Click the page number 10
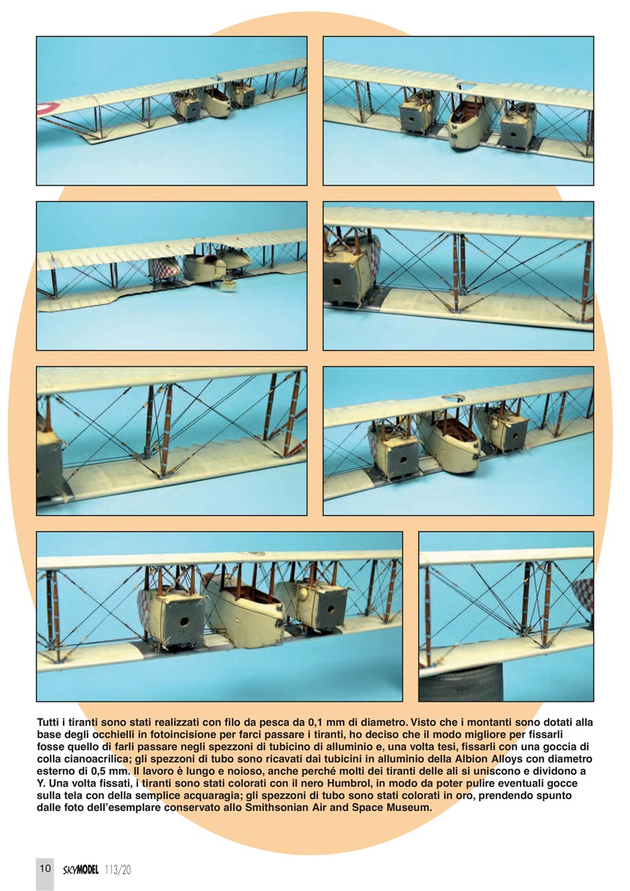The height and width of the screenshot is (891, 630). pos(45,868)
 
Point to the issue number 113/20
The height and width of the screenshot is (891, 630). pos(118,869)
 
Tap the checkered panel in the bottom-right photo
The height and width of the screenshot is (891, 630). pos(583,595)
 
